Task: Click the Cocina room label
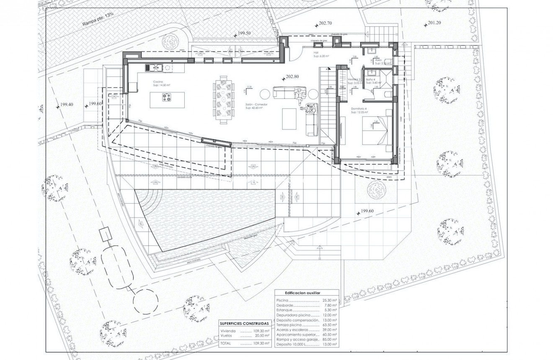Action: coord(158,82)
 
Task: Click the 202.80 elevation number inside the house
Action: coord(292,77)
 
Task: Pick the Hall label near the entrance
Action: coord(316,53)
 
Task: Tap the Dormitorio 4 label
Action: coord(359,110)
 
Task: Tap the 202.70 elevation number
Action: coord(325,23)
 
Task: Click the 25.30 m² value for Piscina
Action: coord(330,300)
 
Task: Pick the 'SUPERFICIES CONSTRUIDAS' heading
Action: coord(245,324)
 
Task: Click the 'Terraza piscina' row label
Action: coord(289,325)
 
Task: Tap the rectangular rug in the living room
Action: coord(289,119)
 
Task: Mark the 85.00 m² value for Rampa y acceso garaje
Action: coord(330,339)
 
